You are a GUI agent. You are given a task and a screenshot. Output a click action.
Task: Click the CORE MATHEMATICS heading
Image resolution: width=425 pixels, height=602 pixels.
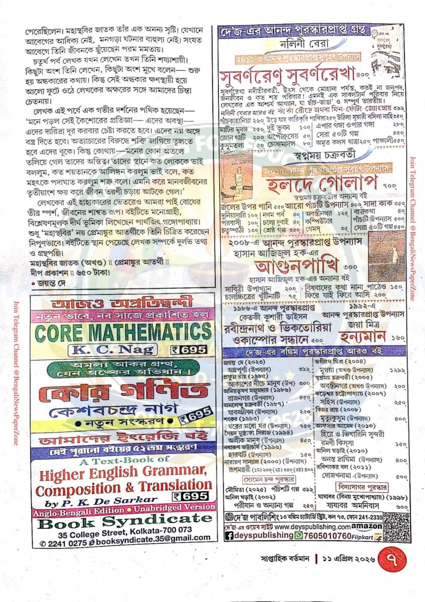tap(122, 332)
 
